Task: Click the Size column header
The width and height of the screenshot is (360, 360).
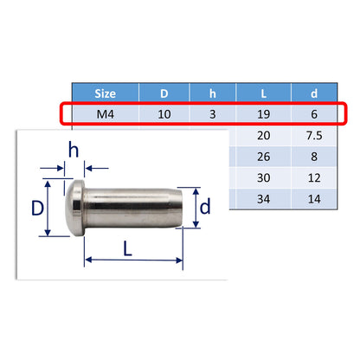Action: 102,93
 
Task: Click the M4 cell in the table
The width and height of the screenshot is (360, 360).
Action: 102,114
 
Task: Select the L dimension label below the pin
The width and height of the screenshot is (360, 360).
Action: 128,249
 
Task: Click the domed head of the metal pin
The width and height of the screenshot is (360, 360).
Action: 77,208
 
